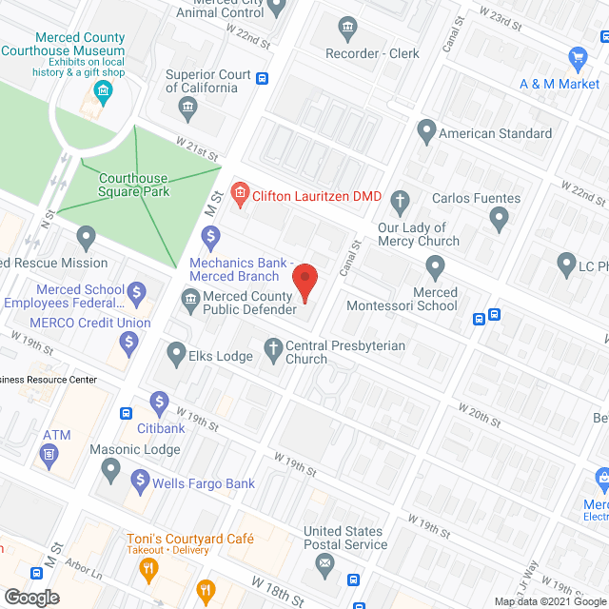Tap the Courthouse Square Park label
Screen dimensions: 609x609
(x=133, y=186)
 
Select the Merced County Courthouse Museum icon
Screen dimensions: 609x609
(x=103, y=92)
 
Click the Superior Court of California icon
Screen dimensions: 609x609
(x=187, y=104)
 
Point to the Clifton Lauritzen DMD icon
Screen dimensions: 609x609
(x=240, y=196)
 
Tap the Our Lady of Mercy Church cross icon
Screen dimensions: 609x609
(x=401, y=201)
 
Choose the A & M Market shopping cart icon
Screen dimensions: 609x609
(x=578, y=59)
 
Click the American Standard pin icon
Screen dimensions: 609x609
(x=426, y=133)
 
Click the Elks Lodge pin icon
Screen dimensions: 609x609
(x=176, y=356)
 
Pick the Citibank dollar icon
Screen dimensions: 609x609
(x=159, y=403)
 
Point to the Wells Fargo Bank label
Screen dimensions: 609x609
(x=204, y=483)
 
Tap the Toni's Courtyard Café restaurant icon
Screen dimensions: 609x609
(x=148, y=570)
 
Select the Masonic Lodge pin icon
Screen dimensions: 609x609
(x=112, y=469)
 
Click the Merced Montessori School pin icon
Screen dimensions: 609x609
(x=435, y=266)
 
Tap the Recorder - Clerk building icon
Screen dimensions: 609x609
(x=347, y=27)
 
